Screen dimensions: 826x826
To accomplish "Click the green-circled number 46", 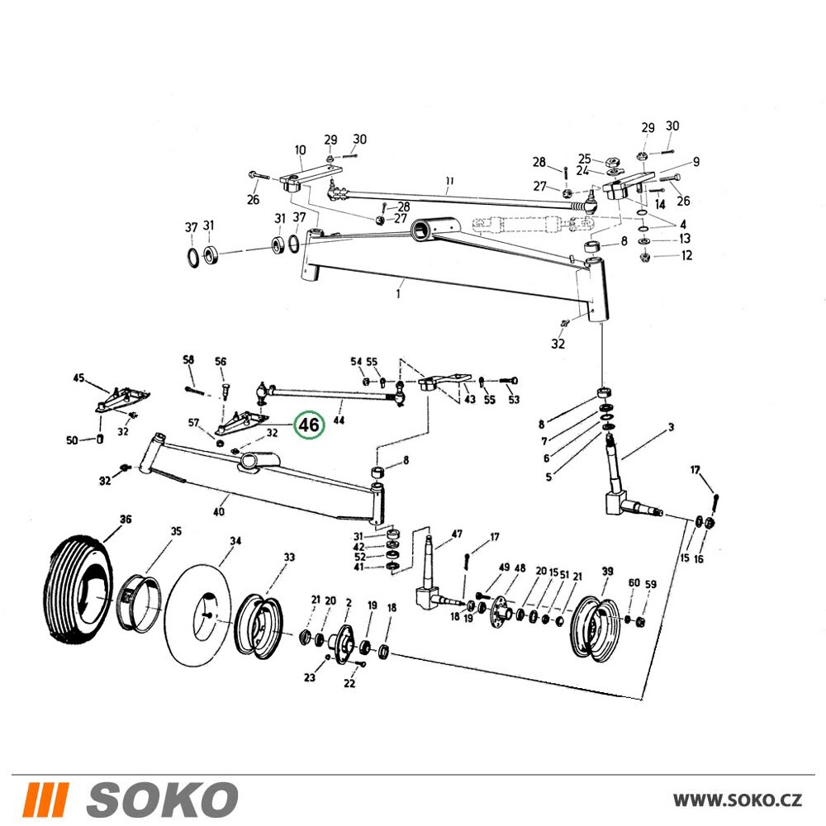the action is coord(309,425).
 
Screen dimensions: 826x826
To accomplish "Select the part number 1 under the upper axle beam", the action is coord(398,293).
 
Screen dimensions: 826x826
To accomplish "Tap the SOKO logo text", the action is coord(162,800).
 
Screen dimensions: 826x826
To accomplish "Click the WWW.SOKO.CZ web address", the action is coord(738,800).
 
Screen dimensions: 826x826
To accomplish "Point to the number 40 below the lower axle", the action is coord(219,511).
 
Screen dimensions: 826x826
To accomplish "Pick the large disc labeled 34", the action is coord(197,615).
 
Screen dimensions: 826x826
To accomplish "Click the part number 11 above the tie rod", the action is coord(449,181).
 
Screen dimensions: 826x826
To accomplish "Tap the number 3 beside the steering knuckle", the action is coord(671,427).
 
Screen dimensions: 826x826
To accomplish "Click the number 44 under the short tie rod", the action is coord(339,420).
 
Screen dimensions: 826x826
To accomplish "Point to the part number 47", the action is coord(457,534).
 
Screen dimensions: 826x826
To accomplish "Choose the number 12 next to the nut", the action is coord(686,255).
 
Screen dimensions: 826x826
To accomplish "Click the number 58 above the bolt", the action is coord(188,359).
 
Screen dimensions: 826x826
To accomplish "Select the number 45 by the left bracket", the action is coord(78,377).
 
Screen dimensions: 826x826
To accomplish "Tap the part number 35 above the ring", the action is coord(176,531).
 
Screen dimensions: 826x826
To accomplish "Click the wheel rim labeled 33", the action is coord(258,626).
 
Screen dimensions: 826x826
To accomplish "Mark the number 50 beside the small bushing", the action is coord(72,440).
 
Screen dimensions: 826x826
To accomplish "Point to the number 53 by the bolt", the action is coord(514,399).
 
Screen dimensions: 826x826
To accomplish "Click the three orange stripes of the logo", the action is coord(47,800).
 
